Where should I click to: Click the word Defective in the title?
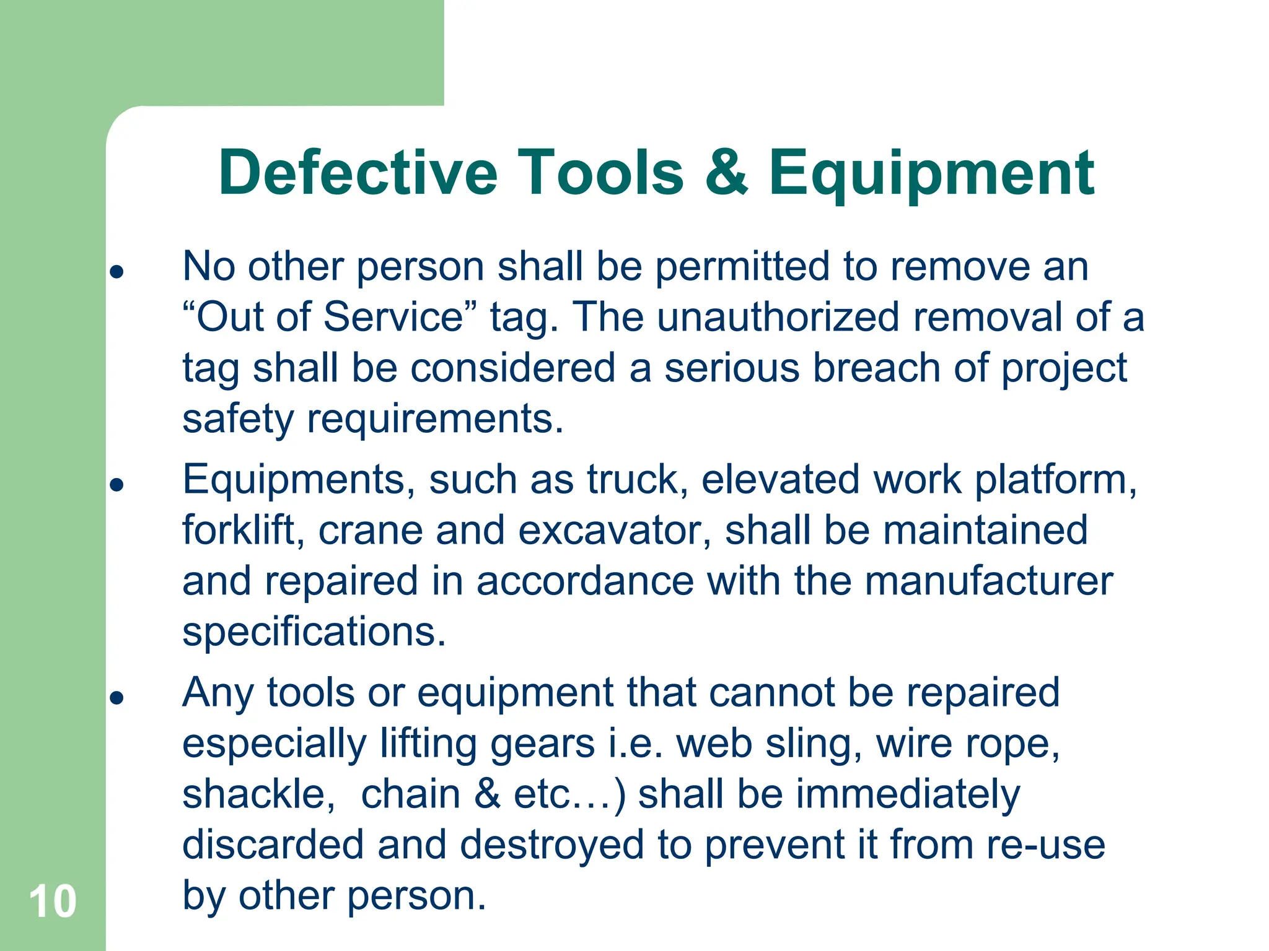358,173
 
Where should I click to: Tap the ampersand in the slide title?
726,173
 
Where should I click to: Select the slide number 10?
53,901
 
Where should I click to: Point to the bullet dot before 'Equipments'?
116,484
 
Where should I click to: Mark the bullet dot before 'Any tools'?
116,698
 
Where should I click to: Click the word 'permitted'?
742,267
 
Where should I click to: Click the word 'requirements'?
435,420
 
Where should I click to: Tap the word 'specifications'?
314,633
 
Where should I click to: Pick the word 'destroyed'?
551,845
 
